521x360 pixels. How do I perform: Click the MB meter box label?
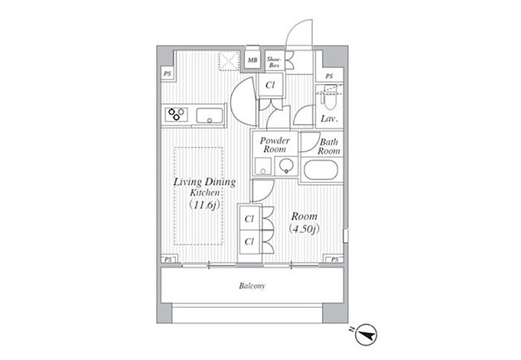point(252,60)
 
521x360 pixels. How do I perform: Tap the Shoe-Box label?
point(274,62)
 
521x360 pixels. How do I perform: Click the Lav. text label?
point(329,119)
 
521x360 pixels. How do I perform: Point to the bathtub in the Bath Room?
point(321,170)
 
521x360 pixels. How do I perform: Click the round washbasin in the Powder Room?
point(286,164)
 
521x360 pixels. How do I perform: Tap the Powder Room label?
point(275,145)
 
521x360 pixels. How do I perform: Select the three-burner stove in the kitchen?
point(176,115)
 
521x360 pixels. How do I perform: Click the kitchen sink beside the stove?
point(209,115)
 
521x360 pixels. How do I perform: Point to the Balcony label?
point(252,286)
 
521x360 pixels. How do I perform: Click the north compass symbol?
point(365,335)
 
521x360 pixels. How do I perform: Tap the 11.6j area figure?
point(205,205)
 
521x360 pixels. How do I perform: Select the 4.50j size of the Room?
point(304,229)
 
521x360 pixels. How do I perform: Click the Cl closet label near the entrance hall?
point(270,86)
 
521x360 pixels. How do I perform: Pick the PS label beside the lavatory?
point(329,76)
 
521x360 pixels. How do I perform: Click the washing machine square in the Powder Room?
point(263,166)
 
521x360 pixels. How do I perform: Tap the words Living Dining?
point(205,182)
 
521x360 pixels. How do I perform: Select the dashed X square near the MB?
point(229,60)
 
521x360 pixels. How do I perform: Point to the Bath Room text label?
point(329,147)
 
